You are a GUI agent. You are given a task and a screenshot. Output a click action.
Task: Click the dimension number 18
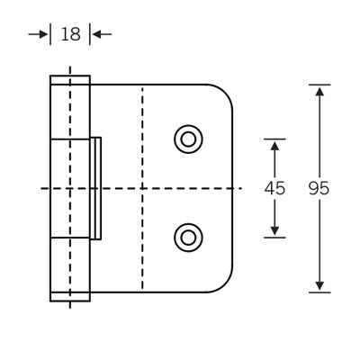[71, 34]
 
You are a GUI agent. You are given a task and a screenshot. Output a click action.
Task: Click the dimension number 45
[274, 188]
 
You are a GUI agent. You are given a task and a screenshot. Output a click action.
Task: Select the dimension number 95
[319, 188]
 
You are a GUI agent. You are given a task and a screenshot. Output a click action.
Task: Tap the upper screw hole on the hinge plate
[188, 139]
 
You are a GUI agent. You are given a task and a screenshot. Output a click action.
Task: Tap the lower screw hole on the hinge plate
[188, 238]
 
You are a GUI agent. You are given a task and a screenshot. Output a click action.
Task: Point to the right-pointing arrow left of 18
[38, 34]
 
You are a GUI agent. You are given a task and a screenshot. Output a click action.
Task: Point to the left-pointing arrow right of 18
[102, 34]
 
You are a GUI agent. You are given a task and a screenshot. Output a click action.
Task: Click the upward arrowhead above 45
[274, 146]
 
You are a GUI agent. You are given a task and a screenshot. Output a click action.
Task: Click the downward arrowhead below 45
[274, 230]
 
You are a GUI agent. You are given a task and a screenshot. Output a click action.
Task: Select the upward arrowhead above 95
[319, 91]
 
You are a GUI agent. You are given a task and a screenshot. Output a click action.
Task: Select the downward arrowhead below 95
[319, 285]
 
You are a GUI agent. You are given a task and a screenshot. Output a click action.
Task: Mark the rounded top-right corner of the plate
[225, 92]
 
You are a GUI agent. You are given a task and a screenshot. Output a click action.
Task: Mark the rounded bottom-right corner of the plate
[225, 284]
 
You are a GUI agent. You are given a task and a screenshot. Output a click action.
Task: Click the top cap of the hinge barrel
[70, 80]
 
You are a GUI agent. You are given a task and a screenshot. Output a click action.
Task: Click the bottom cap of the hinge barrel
[70, 296]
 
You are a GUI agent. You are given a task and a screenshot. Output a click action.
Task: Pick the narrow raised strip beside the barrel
[96, 188]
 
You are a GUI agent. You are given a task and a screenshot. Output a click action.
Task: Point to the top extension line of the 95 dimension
[319, 85]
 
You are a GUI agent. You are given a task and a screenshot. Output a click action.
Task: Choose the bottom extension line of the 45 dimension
[274, 238]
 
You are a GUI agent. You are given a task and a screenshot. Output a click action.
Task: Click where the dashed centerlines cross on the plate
[142, 188]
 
